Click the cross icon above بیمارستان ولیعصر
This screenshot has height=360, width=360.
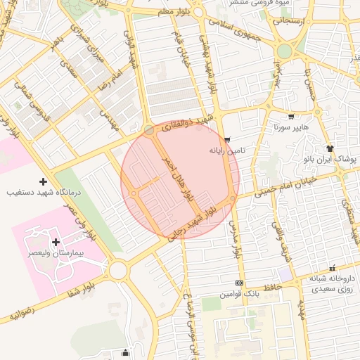pos(56,242)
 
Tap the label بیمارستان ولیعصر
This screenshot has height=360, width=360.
pos(56,252)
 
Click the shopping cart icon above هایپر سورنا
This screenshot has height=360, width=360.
pos(291,117)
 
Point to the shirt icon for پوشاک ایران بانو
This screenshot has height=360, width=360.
pos(330,148)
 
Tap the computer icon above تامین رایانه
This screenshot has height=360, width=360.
pos(226,140)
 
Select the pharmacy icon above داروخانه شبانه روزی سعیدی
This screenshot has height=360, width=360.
pos(333,269)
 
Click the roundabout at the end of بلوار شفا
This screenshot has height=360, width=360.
pos(117,270)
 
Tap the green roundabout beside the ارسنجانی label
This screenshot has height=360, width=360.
pos(284,51)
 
